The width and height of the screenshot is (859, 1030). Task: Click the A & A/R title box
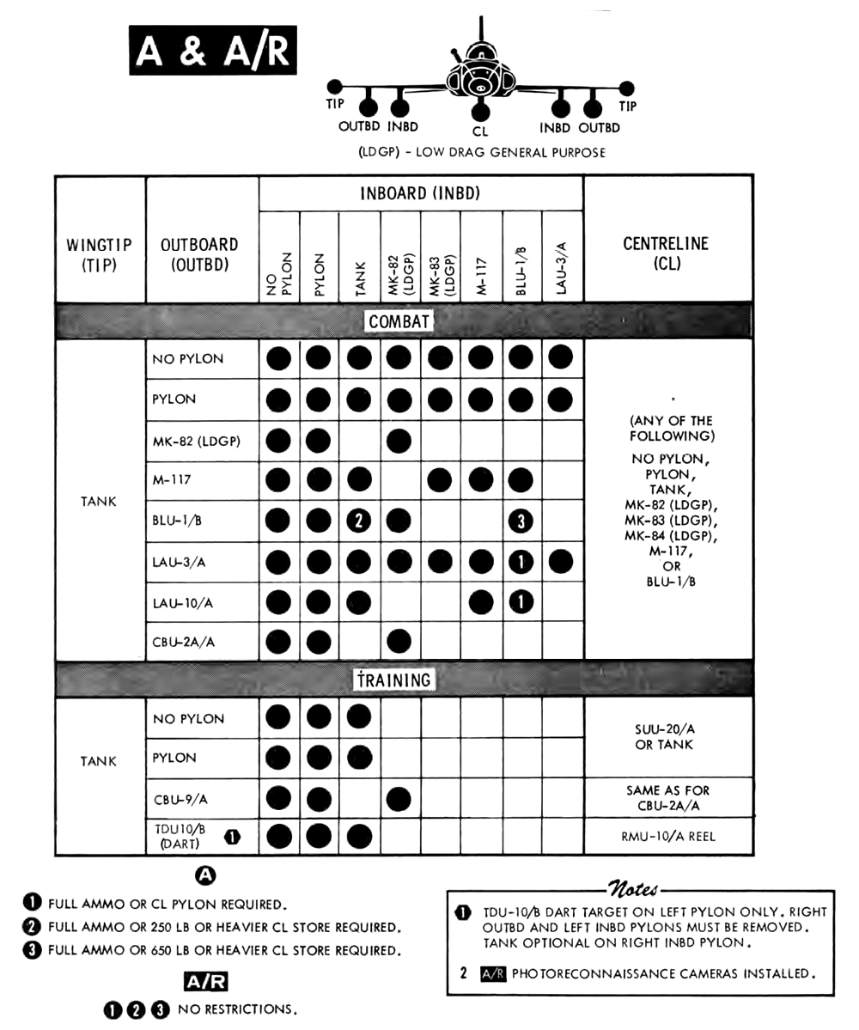[213, 52]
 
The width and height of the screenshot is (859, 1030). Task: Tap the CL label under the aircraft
[480, 132]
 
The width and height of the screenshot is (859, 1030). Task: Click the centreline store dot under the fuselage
[480, 110]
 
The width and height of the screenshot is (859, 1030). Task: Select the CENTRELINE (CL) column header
[667, 253]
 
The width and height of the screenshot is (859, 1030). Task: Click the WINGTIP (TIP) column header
[99, 254]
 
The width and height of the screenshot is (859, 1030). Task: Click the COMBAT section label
[399, 321]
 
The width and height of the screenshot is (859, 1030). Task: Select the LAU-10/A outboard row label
[184, 602]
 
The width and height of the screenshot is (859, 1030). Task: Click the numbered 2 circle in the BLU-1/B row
[358, 521]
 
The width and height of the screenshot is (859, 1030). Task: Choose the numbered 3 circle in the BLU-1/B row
[521, 521]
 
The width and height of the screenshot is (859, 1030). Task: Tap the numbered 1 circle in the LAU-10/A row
[521, 602]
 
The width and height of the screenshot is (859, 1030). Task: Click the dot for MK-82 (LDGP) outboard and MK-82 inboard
[399, 442]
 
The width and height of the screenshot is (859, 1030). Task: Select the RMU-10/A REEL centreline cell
[667, 836]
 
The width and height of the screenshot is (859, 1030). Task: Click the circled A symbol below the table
[206, 875]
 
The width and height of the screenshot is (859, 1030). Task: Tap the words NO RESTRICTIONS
[237, 1010]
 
